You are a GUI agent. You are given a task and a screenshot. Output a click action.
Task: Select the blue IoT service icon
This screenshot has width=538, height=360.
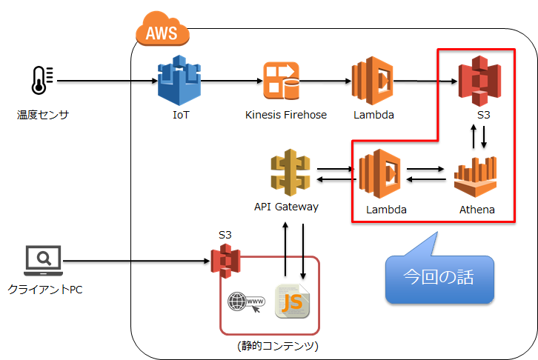179,81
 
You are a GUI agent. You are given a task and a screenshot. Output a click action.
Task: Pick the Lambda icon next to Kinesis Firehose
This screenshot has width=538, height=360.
373,80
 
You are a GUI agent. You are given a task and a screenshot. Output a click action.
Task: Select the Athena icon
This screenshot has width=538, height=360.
476,176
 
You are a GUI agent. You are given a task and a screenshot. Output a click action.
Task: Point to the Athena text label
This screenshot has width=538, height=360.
476,210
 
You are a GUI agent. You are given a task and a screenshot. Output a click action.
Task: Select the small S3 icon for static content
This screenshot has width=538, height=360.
225,261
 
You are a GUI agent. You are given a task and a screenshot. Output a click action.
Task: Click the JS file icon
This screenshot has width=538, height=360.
292,301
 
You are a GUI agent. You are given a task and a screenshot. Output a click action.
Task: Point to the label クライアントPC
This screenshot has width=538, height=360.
45,289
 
